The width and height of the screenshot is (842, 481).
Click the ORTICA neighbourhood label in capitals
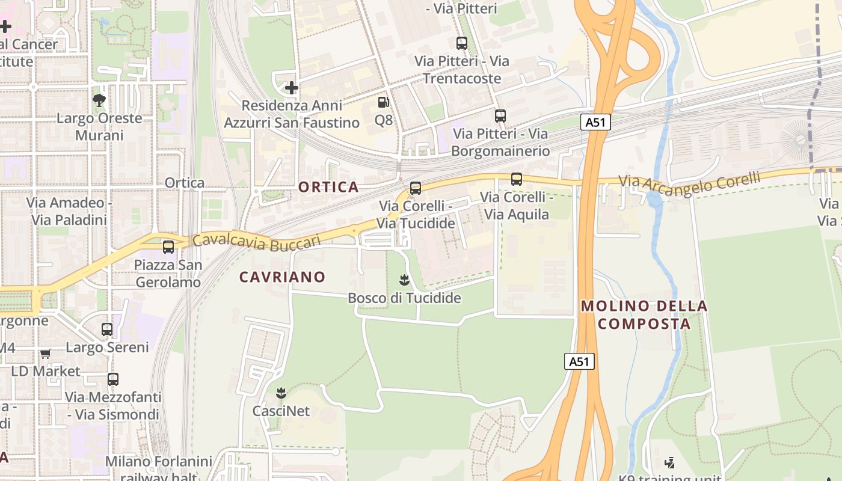(x=328, y=187)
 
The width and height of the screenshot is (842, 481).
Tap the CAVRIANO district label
(x=282, y=277)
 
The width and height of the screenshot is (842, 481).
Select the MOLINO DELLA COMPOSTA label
(x=644, y=314)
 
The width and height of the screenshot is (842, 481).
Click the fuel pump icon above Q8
(x=384, y=102)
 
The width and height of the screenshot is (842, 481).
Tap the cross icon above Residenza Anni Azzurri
(x=292, y=88)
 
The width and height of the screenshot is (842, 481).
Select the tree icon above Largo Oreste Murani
(x=99, y=100)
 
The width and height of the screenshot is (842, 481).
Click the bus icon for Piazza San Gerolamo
(x=168, y=247)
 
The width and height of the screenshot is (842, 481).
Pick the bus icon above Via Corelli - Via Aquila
(x=517, y=179)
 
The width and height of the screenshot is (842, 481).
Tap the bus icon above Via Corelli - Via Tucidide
(x=416, y=188)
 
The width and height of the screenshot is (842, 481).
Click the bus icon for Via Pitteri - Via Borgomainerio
(x=500, y=116)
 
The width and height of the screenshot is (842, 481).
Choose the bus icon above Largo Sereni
(x=107, y=329)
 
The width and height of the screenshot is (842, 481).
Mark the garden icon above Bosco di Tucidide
(x=404, y=280)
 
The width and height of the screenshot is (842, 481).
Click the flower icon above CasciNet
(x=280, y=393)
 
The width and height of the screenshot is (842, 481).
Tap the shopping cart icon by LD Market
(x=46, y=354)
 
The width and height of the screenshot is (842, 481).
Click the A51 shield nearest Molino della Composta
(x=579, y=361)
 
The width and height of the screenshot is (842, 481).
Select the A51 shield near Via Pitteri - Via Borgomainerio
(x=595, y=122)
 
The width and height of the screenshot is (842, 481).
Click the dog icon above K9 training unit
(x=669, y=462)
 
